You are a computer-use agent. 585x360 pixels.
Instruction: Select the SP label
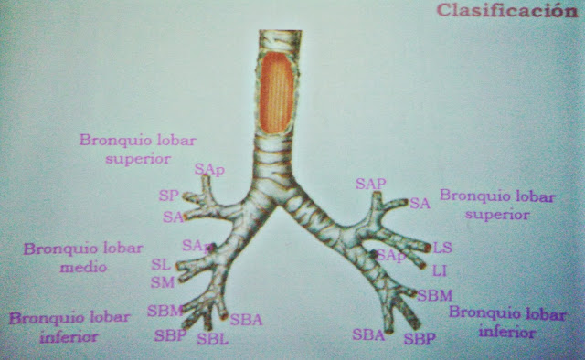click(x=168, y=196)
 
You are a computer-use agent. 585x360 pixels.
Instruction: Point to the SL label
click(x=161, y=264)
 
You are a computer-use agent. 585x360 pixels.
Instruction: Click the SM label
click(x=163, y=281)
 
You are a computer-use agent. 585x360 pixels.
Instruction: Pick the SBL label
click(x=212, y=339)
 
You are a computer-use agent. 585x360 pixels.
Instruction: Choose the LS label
click(x=442, y=248)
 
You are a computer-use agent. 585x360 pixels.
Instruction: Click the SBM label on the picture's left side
click(x=164, y=311)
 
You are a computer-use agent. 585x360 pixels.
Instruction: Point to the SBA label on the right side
click(x=368, y=334)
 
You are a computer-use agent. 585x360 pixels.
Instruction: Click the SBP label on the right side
click(x=420, y=339)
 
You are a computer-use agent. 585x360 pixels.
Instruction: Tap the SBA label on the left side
click(x=247, y=319)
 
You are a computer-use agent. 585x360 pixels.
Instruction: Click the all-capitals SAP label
click(x=370, y=184)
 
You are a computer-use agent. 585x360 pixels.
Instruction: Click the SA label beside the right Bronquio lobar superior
click(x=420, y=203)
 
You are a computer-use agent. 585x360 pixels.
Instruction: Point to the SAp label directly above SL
click(x=193, y=245)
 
